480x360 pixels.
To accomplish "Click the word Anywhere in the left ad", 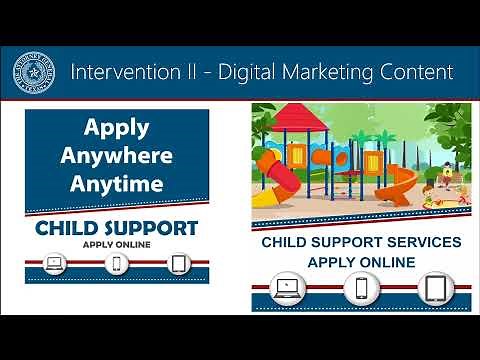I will tap(116, 156).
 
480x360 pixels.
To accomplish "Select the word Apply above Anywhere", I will tap(116, 129).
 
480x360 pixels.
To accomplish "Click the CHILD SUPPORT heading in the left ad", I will tap(116, 228).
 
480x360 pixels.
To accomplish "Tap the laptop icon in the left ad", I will tap(56, 264).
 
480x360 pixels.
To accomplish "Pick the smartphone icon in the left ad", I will tap(117, 264).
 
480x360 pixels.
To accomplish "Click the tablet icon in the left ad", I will tap(179, 264).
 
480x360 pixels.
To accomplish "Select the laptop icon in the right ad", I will tap(288, 290).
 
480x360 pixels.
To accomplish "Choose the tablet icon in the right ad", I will tap(435, 290).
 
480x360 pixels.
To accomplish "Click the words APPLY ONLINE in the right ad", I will tap(361, 262).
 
